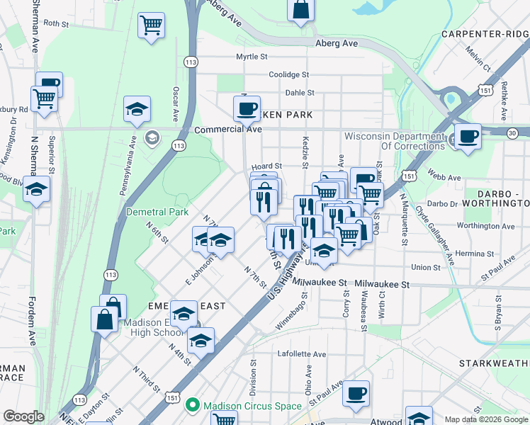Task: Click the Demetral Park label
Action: [x=157, y=212]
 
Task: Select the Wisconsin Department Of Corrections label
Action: [x=395, y=141]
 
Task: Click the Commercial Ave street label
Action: [x=228, y=130]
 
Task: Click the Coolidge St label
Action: [x=289, y=74]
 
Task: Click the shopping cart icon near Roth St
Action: [x=151, y=25]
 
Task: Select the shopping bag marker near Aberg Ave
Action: [x=300, y=9]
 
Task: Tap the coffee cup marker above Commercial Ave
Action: [x=247, y=108]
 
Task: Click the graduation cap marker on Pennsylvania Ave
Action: [x=137, y=109]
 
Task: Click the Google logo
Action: [x=23, y=416]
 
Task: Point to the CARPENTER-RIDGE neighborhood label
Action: [x=485, y=34]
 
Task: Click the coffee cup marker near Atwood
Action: [x=356, y=392]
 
